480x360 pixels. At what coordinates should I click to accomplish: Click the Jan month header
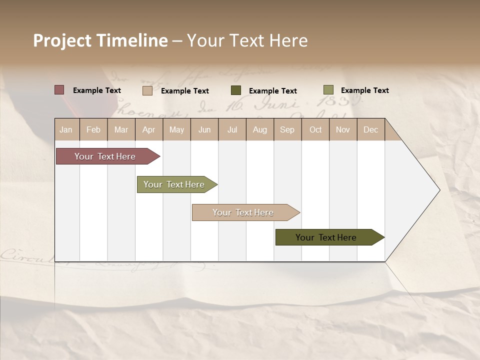[66, 129]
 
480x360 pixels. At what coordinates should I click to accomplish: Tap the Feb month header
[93, 129]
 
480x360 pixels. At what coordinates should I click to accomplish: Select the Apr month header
[149, 129]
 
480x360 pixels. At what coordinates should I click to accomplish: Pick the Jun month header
[204, 129]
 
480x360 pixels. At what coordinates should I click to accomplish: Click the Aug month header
[260, 129]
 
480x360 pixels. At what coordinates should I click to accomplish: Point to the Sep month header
[287, 129]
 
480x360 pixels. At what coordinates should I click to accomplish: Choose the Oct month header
[315, 129]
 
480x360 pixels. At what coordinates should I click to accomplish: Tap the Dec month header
[371, 129]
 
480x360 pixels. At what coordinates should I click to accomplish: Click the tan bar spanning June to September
[243, 212]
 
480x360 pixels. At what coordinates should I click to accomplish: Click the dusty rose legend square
[59, 90]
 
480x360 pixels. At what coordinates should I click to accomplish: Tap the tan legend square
[147, 90]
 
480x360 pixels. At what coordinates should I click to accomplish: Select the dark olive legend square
[236, 90]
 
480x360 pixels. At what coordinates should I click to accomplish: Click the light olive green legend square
[328, 90]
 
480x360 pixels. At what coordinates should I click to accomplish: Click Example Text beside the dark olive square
[272, 91]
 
